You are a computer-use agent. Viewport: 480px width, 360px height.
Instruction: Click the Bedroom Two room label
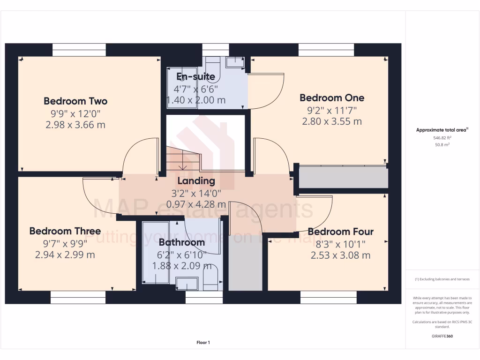click(x=75, y=101)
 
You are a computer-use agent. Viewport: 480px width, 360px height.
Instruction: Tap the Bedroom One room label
click(x=332, y=97)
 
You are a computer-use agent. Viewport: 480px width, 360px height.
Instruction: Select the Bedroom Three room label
click(x=65, y=231)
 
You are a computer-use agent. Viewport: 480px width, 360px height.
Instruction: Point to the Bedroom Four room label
click(x=340, y=232)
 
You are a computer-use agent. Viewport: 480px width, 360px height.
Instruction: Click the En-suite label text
click(x=195, y=76)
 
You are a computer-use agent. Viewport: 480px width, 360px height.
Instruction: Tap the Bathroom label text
click(x=181, y=242)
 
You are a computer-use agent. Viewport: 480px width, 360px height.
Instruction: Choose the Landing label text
click(x=196, y=180)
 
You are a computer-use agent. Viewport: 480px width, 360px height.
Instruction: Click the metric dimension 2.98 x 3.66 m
click(x=75, y=125)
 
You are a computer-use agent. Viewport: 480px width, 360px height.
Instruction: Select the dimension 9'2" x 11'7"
click(x=332, y=110)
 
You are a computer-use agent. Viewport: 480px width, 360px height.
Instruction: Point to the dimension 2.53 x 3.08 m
click(x=340, y=255)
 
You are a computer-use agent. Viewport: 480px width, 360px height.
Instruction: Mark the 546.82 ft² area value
click(x=442, y=138)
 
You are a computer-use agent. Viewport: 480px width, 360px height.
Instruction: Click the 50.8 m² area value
click(x=442, y=145)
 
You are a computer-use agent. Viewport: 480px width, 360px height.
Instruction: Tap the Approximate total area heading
click(x=442, y=130)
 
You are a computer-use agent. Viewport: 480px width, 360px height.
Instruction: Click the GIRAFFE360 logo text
click(x=442, y=336)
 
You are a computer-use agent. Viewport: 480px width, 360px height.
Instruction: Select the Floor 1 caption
click(x=203, y=343)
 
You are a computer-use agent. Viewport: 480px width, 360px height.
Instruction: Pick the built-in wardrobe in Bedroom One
click(x=343, y=177)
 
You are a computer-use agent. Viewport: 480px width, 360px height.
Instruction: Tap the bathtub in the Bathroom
click(x=156, y=253)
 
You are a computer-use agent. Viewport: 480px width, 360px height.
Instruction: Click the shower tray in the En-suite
click(x=182, y=89)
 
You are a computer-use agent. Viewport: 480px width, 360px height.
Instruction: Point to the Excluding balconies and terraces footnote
click(x=442, y=279)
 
